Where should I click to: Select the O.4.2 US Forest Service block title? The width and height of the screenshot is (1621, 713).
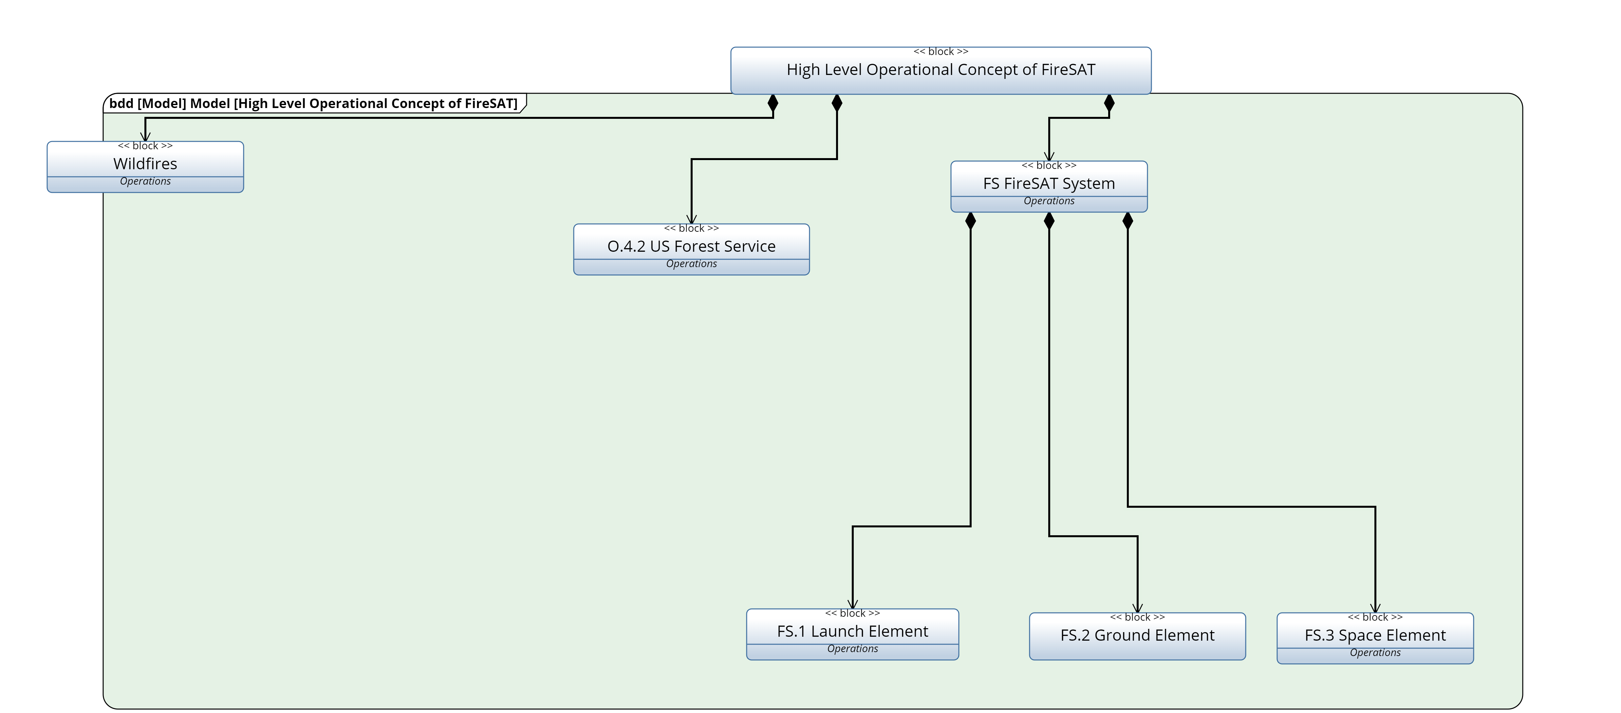click(x=691, y=246)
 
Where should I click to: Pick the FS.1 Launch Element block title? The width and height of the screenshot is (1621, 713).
click(x=852, y=631)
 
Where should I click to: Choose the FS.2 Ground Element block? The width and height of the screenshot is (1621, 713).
click(x=1137, y=636)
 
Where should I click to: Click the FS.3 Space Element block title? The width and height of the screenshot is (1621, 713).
click(x=1375, y=635)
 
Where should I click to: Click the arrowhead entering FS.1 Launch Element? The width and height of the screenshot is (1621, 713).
click(x=852, y=604)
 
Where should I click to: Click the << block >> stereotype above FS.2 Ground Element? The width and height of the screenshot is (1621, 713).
click(x=1137, y=617)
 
